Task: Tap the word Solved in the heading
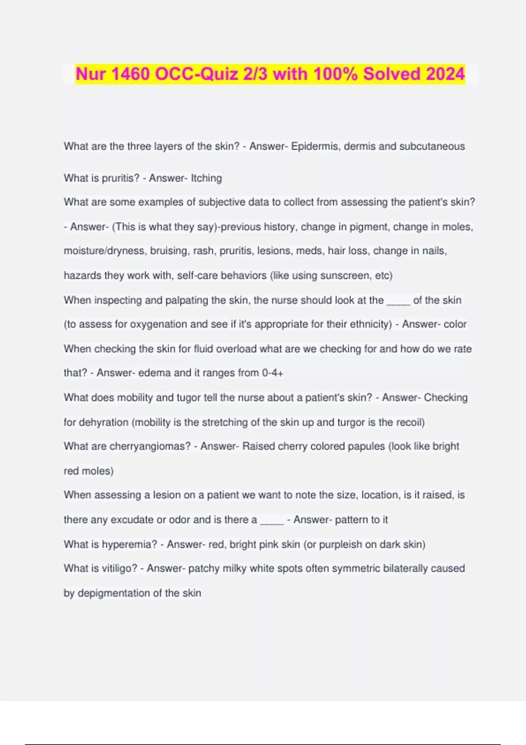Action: click(391, 74)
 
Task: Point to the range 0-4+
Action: click(272, 373)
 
